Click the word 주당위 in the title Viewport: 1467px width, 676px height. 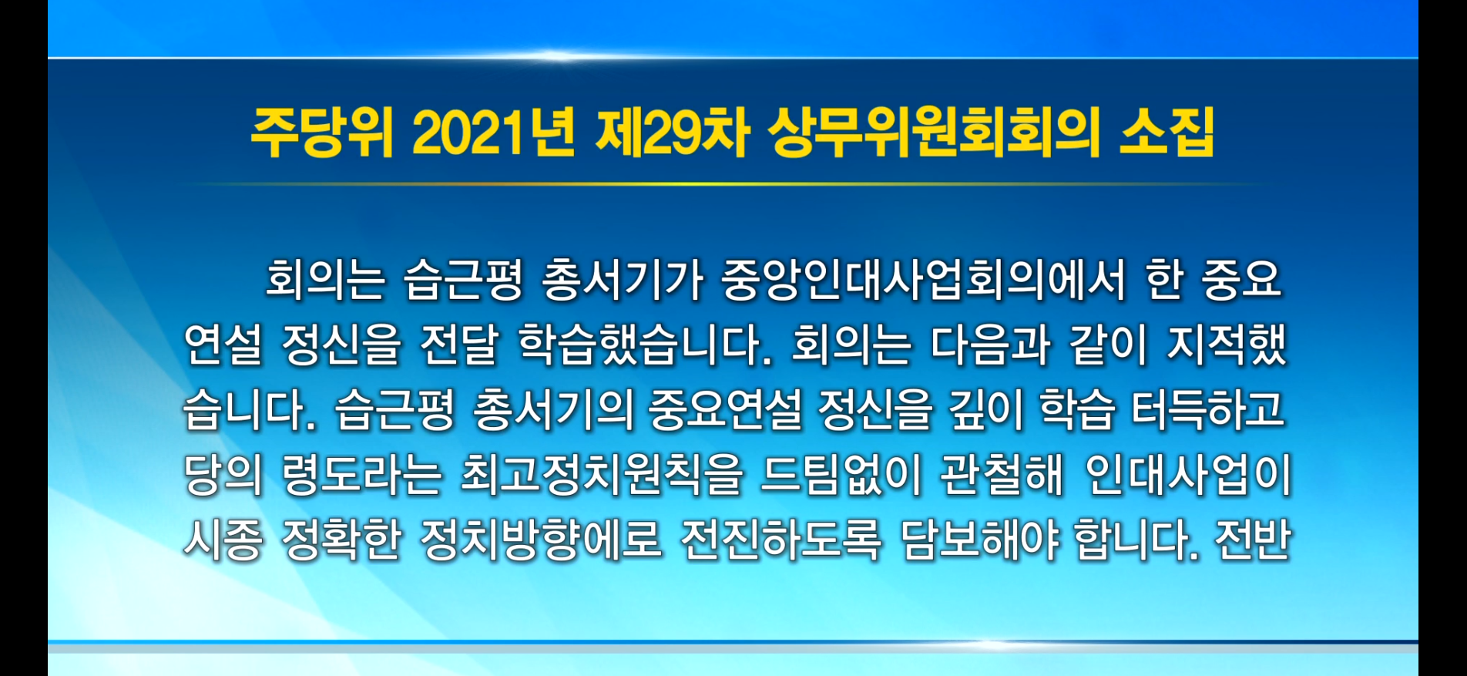click(x=321, y=133)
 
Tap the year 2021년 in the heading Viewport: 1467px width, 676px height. click(x=493, y=133)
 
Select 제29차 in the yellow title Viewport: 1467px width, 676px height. click(x=672, y=133)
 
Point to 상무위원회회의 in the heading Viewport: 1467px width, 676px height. click(x=934, y=133)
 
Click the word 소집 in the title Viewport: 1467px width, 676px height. click(x=1167, y=133)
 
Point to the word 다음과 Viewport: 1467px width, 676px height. click(x=990, y=344)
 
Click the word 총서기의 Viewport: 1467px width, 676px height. click(x=552, y=409)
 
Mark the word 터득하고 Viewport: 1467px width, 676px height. click(x=1207, y=409)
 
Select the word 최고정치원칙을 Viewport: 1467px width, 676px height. click(x=602, y=474)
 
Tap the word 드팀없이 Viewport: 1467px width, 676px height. click(x=841, y=474)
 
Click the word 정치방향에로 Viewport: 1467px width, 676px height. click(x=541, y=540)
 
